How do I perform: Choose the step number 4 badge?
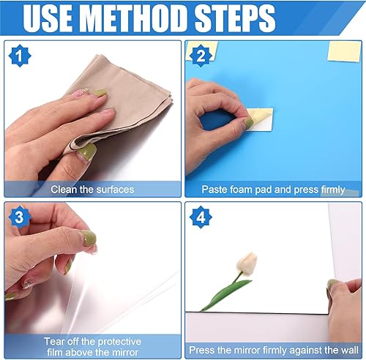[199, 217]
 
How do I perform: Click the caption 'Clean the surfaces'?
[92, 190]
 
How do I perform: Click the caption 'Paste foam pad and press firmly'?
[273, 190]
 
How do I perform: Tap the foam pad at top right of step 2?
[343, 50]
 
